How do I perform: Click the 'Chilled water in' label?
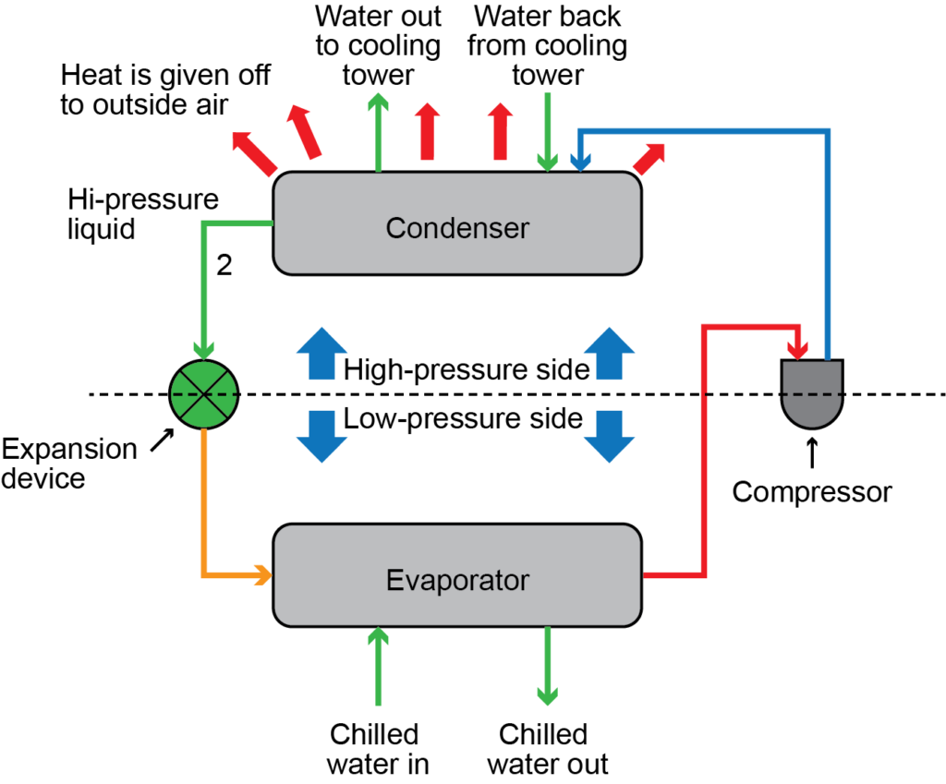[375, 749]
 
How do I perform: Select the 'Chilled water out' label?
[546, 749]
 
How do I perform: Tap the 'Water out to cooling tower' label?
[378, 45]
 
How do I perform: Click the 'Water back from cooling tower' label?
[548, 45]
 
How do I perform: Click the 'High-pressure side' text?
[467, 370]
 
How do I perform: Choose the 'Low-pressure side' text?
[463, 419]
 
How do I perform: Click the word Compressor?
[812, 492]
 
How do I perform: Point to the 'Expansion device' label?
[69, 464]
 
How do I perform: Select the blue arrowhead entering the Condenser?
[579, 163]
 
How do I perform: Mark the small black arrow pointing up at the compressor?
[812, 452]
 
